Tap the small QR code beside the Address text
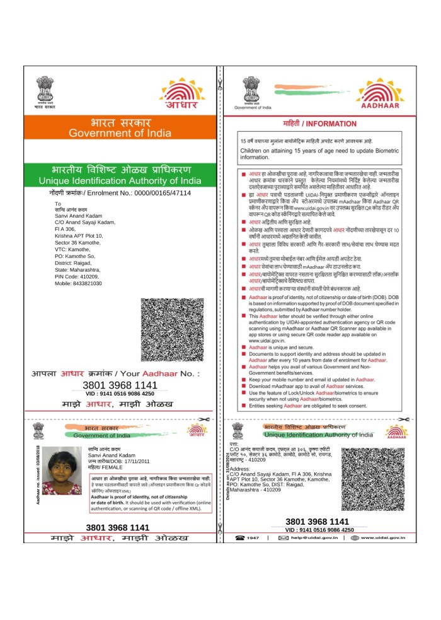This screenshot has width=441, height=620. click(373, 480)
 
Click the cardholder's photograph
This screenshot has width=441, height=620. click(61, 472)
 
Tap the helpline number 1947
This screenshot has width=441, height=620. click(253, 537)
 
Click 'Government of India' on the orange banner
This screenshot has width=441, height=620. click(120, 134)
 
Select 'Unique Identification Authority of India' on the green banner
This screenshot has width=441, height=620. click(120, 181)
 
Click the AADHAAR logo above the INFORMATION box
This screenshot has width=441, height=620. click(377, 95)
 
